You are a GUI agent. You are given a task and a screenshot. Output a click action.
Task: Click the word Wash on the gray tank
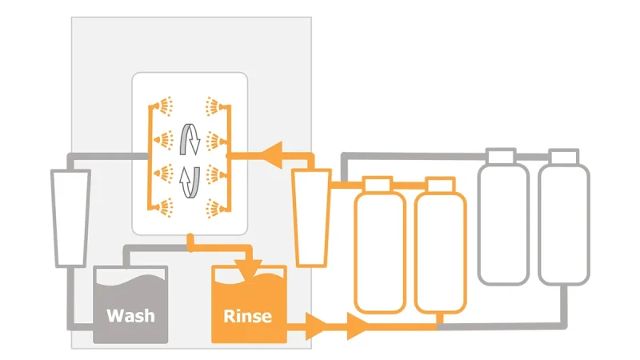click(x=130, y=316)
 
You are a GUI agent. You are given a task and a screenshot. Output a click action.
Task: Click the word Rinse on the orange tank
click(x=247, y=316)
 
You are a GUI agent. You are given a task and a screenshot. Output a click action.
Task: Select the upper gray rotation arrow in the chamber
click(x=190, y=139)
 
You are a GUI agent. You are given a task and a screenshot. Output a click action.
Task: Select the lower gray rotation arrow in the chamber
click(x=190, y=182)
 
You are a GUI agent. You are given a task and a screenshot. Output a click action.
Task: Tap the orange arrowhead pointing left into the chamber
click(x=271, y=155)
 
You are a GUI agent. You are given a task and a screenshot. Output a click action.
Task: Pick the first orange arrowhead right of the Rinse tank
click(x=317, y=326)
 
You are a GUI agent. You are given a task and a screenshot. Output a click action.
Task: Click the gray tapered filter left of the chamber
click(x=70, y=218)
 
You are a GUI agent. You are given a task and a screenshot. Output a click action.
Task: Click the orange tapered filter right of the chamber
click(x=311, y=218)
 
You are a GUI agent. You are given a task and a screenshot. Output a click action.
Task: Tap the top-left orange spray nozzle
click(x=163, y=106)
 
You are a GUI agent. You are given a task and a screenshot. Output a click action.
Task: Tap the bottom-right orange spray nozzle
click(x=215, y=208)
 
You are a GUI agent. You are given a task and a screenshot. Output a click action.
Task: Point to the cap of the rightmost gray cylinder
click(x=564, y=156)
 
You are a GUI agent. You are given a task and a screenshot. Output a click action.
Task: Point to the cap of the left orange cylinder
click(x=378, y=184)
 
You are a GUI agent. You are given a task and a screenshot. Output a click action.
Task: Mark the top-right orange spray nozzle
click(x=215, y=106)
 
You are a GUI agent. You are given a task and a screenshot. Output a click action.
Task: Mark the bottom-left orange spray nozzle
click(x=163, y=208)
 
